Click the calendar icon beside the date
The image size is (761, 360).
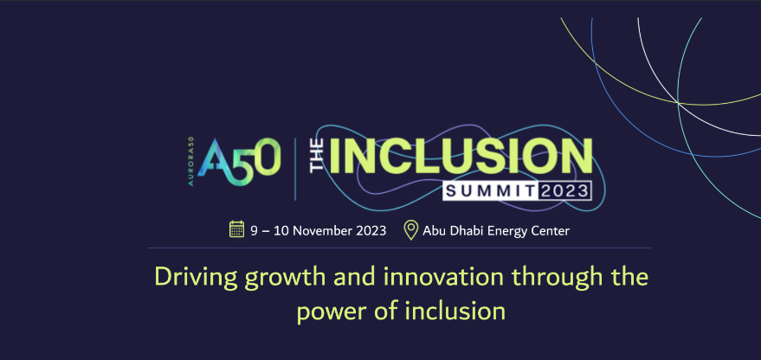[236, 229]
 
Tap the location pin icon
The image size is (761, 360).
[411, 230]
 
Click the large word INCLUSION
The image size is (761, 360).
[460, 157]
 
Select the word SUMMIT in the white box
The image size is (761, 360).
[490, 191]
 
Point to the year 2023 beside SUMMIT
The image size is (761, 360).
[564, 191]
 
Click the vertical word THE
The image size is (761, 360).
[318, 155]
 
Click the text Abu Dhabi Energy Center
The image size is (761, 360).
[496, 231]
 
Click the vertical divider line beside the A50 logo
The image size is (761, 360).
[295, 169]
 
